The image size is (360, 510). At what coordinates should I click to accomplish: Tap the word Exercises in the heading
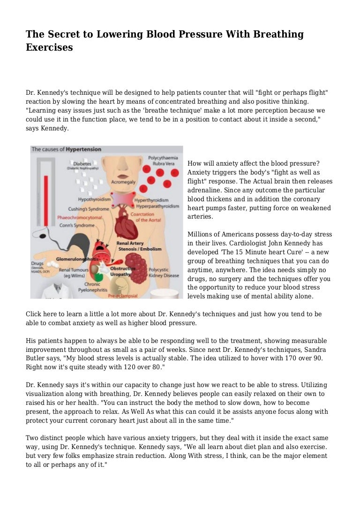click(49, 47)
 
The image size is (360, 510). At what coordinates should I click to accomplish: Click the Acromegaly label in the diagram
click(124, 181)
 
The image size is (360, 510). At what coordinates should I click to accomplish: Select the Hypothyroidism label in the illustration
click(94, 199)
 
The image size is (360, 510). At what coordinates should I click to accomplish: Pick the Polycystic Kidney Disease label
click(164, 273)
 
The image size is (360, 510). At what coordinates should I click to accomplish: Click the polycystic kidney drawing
click(136, 267)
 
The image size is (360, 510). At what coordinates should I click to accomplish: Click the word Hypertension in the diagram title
click(83, 149)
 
